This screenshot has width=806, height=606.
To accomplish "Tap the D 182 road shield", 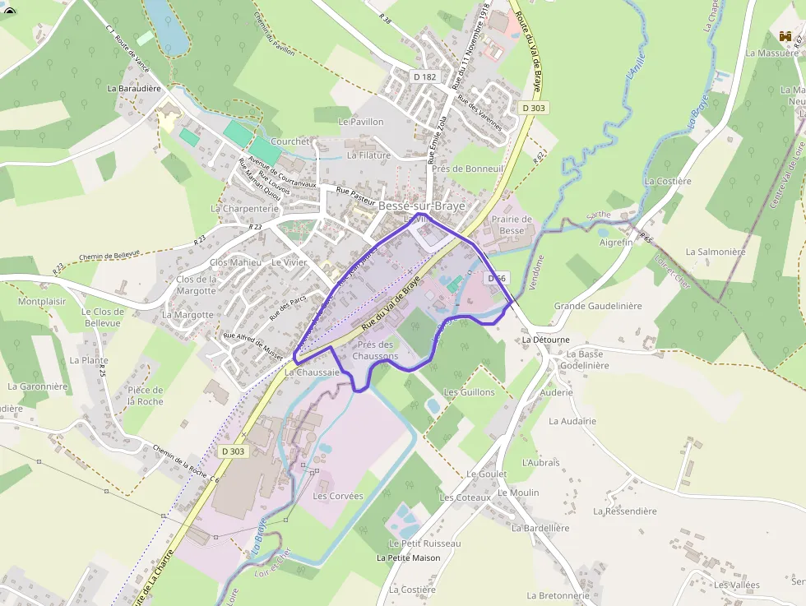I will (425, 76).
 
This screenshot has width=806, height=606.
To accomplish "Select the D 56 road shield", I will (496, 279).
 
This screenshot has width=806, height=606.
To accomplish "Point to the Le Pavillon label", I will (361, 122).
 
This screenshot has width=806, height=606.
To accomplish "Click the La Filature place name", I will (369, 155).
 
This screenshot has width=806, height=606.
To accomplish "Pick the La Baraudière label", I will (133, 87).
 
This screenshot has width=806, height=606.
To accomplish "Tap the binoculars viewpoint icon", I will (786, 36).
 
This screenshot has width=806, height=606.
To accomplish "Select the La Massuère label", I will (772, 53).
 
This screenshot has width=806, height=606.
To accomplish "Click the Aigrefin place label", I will (616, 243).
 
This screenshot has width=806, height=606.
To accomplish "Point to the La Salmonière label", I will (715, 252).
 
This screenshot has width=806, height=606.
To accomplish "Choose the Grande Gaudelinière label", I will (598, 306).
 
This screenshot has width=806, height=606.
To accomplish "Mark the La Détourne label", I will (545, 339).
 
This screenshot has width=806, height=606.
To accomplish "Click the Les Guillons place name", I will (470, 392).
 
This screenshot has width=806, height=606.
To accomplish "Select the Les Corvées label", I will (332, 497).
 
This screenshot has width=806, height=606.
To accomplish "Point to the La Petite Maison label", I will (408, 558).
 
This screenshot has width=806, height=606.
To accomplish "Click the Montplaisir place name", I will (42, 302).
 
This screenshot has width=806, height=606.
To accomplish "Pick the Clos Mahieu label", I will (235, 262).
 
